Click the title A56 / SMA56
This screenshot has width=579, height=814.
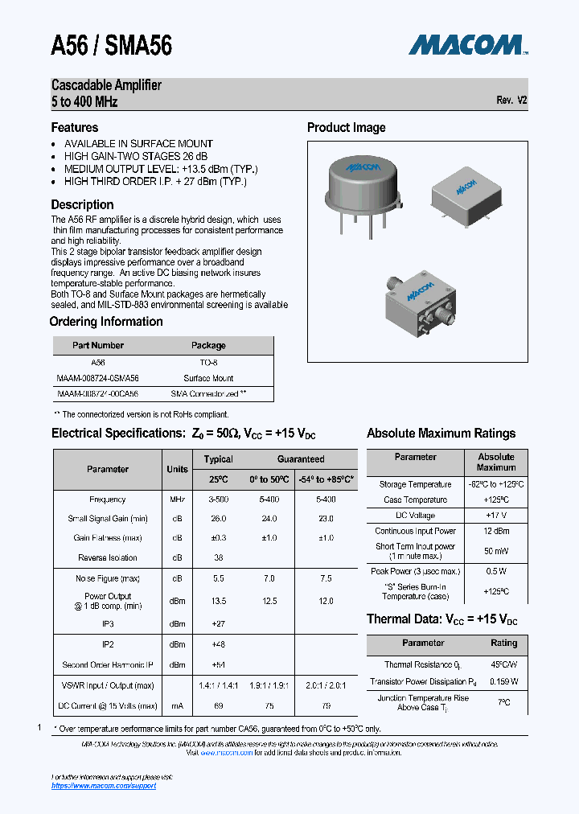pos(111,46)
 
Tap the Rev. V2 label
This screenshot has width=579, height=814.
pos(511,101)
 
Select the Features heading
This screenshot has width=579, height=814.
pos(75,127)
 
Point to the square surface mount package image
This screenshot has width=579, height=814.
pos(467,195)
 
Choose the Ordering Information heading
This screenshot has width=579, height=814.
pos(106,322)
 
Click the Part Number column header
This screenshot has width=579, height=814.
pos(98,345)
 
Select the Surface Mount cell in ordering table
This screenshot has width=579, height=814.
pos(208,378)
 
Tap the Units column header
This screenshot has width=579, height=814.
pos(177,469)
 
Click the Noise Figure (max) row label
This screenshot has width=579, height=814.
pos(108,578)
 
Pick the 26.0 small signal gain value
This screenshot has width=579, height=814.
pos(218,519)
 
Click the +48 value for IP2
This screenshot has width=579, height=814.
pos(218,644)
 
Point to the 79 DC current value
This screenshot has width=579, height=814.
pos(326,705)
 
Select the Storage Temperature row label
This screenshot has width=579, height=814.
pos(416,484)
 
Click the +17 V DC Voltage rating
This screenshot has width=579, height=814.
pos(495,515)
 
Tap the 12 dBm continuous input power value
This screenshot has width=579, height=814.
pos(495,531)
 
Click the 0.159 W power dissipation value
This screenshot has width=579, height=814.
pos(503,681)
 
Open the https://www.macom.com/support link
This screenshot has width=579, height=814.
pos(104,785)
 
